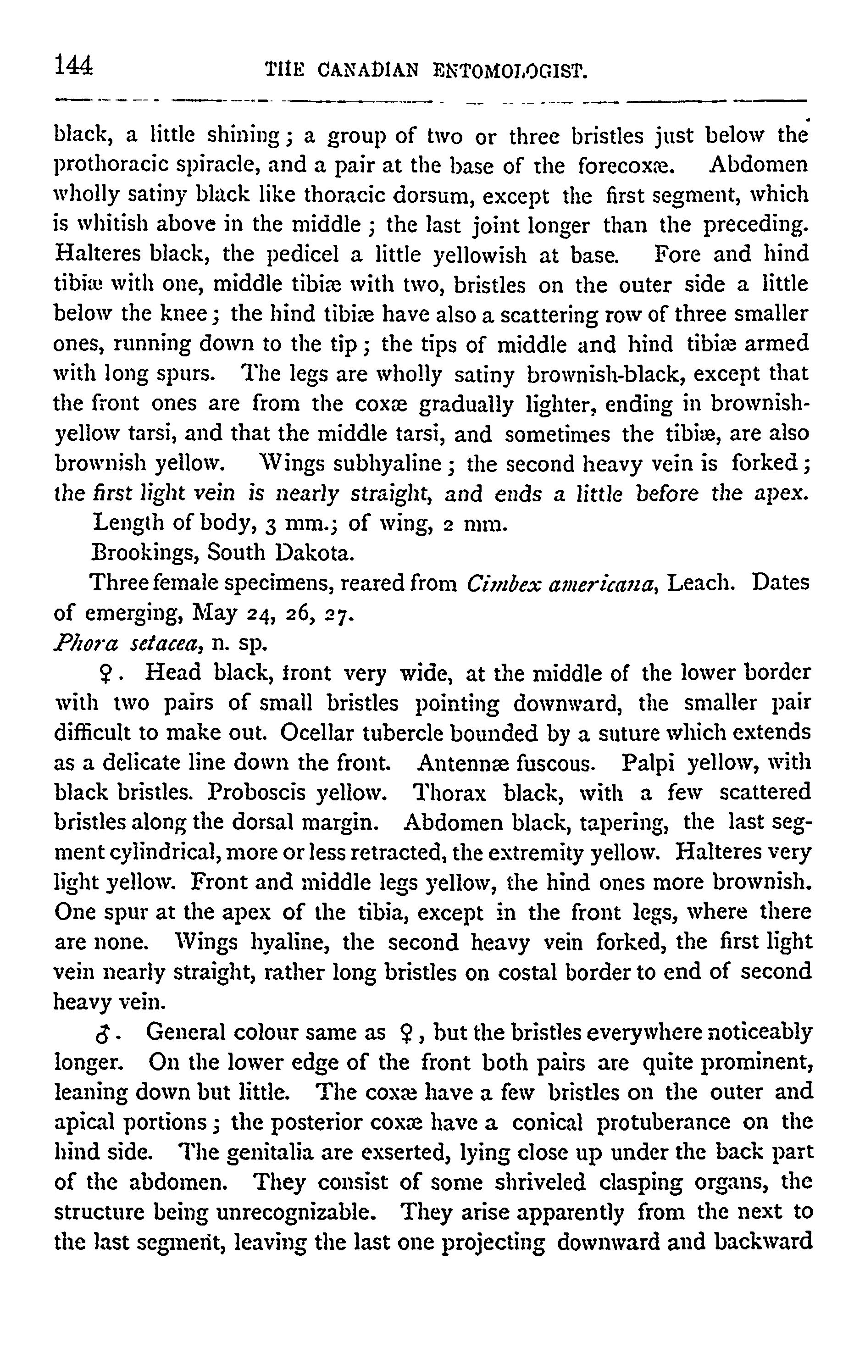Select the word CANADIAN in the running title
point(368,71)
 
